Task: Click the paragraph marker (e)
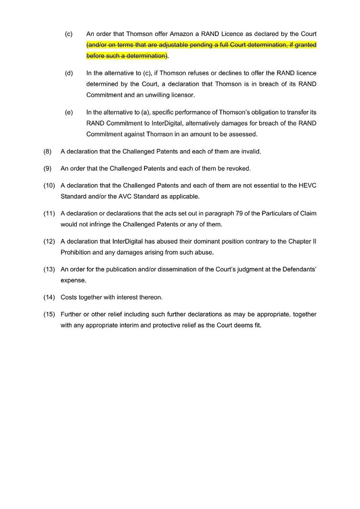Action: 69,112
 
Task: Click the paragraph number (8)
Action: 48,152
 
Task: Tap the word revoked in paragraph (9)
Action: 239,169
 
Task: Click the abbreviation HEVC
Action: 307,186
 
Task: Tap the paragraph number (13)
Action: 49,269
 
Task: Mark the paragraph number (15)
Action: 49,314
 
